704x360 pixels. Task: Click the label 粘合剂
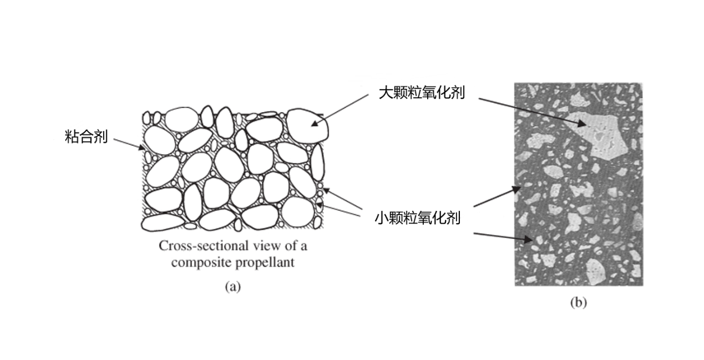pyautogui.click(x=86, y=136)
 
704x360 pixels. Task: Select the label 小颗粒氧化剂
pyautogui.click(x=417, y=217)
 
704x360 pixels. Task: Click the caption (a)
pyautogui.click(x=232, y=287)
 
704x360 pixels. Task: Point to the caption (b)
pyautogui.click(x=578, y=302)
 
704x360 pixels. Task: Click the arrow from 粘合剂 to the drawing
pyautogui.click(x=129, y=144)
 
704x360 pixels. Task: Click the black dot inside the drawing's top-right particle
pyautogui.click(x=313, y=124)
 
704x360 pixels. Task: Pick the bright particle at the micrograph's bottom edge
pyautogui.click(x=596, y=271)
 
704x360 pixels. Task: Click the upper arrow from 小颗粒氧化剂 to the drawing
pyautogui.click(x=344, y=201)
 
